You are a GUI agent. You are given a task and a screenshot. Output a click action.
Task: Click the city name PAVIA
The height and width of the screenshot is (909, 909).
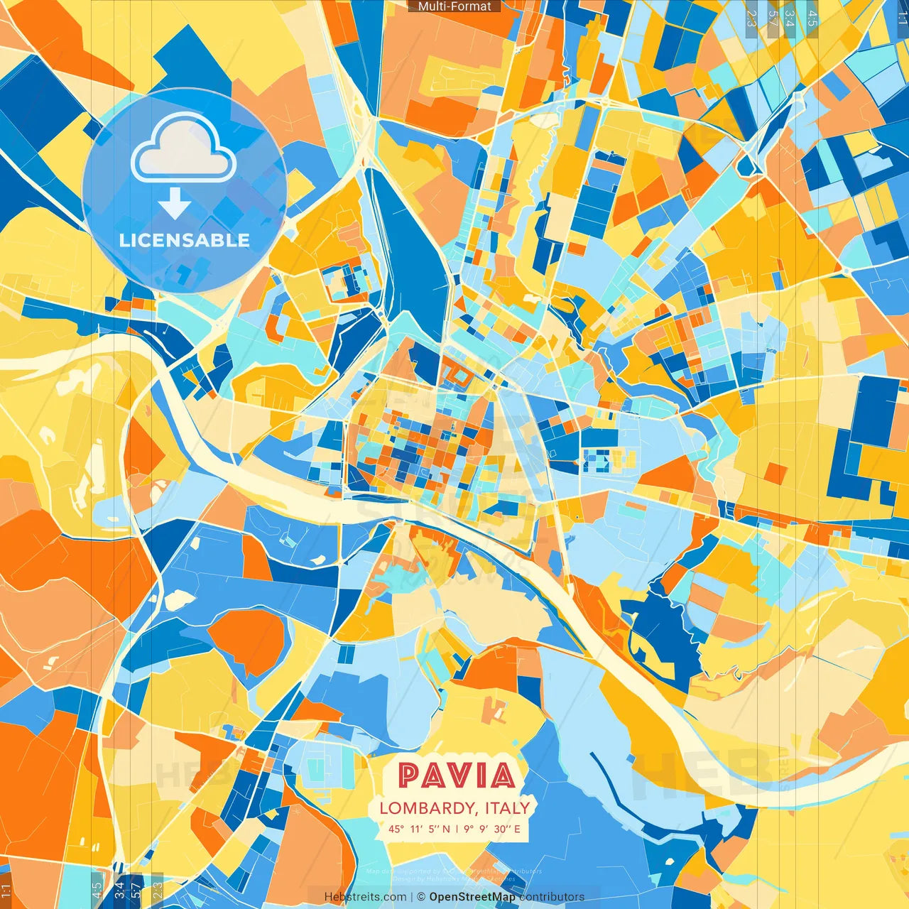[x=457, y=775]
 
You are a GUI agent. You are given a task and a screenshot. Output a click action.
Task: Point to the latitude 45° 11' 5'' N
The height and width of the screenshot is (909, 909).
[x=419, y=829]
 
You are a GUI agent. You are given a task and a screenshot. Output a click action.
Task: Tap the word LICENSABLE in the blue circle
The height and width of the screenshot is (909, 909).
[x=185, y=240]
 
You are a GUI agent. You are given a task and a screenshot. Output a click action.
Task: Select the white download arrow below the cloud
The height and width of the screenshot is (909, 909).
[x=175, y=203]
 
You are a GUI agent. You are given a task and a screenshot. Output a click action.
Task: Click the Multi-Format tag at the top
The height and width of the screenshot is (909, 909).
[x=454, y=6]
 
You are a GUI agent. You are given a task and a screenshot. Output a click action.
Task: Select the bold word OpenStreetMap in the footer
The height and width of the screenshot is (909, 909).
[x=472, y=897]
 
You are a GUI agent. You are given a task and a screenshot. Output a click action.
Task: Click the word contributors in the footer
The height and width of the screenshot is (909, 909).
[x=552, y=897]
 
